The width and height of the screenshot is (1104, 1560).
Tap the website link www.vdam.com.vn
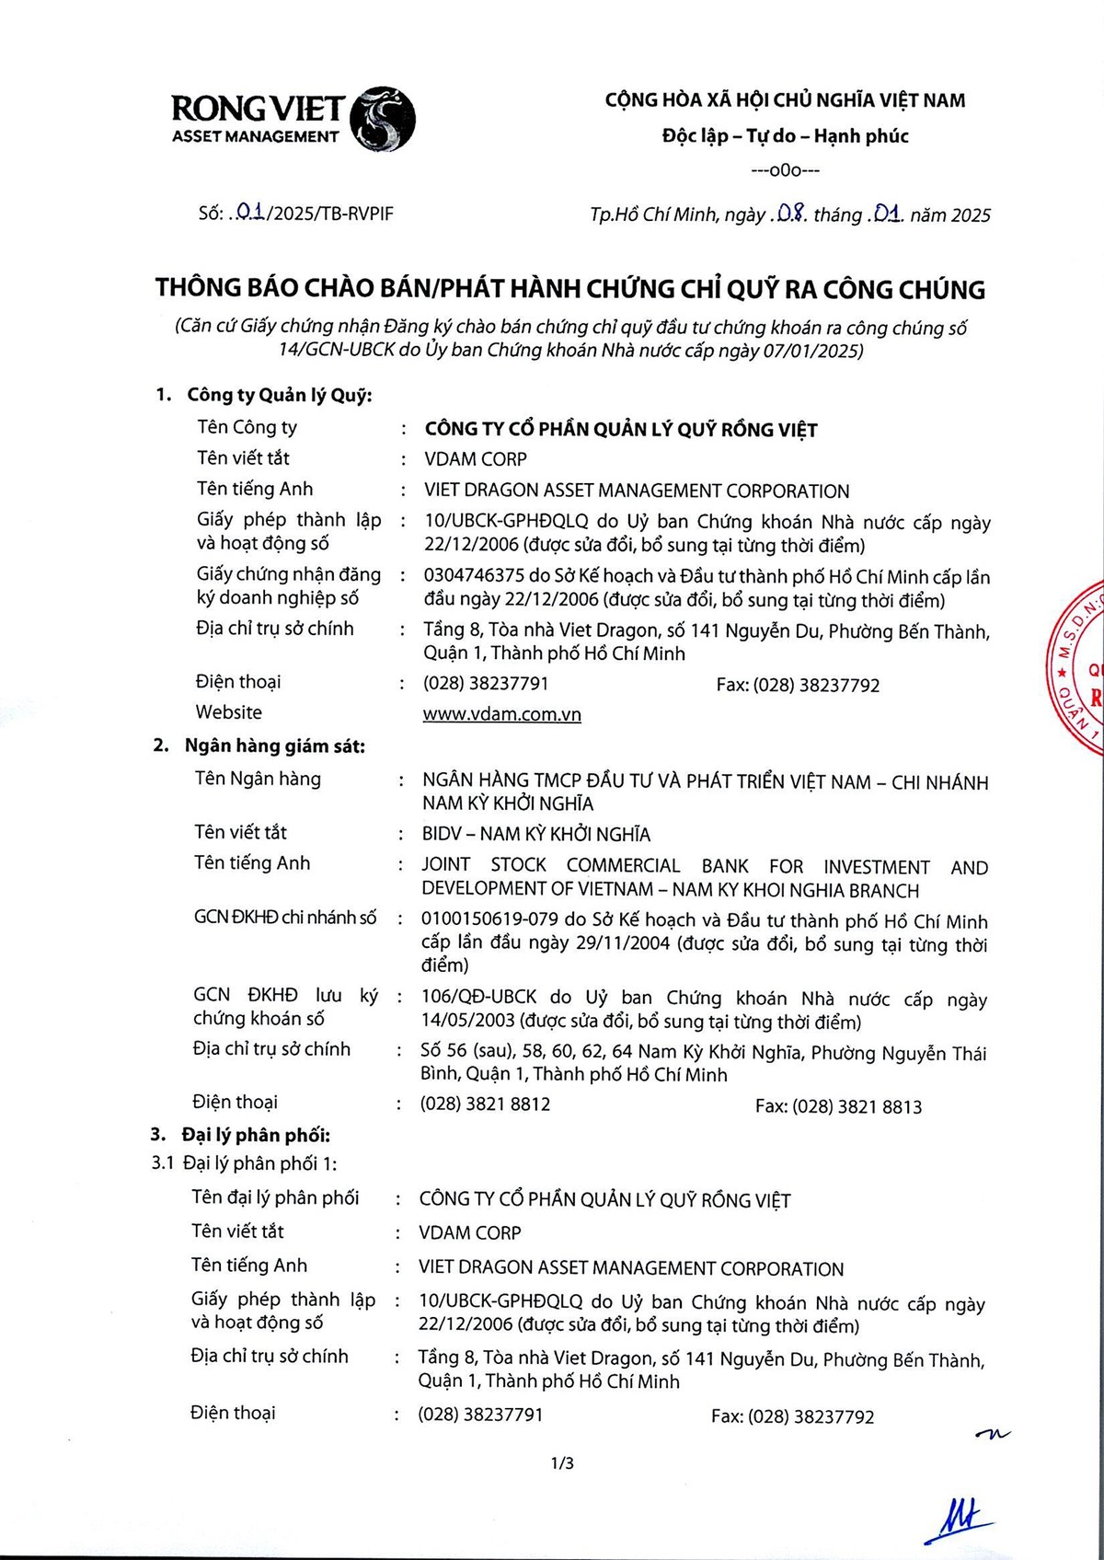click(x=501, y=714)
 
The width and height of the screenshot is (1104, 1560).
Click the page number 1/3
click(x=562, y=1462)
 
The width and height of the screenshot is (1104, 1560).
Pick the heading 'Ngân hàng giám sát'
click(x=274, y=745)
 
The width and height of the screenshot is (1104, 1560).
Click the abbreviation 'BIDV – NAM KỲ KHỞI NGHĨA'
click(x=535, y=835)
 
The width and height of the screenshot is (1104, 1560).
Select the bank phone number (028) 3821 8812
click(x=485, y=1104)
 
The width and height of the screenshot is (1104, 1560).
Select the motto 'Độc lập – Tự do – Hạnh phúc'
click(x=785, y=136)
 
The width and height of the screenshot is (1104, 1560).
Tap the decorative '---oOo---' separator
click(x=785, y=170)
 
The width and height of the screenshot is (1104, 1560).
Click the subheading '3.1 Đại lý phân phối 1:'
click(x=244, y=1163)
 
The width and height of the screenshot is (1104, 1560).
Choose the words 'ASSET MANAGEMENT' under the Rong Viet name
click(x=255, y=137)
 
